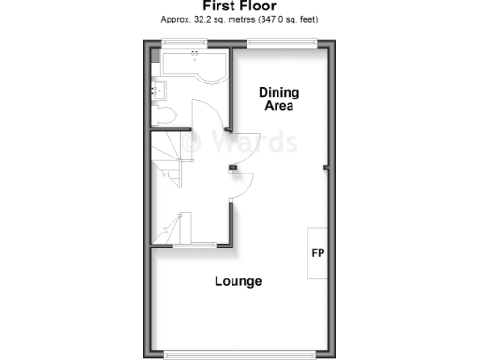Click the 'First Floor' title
coord(238,5)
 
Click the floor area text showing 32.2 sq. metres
coord(238,18)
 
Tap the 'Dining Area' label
coord(278,98)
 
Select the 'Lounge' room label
coord(238,281)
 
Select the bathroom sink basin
coord(157,91)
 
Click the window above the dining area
coord(281,42)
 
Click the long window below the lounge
coord(238,354)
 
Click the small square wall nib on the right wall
coord(325,168)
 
